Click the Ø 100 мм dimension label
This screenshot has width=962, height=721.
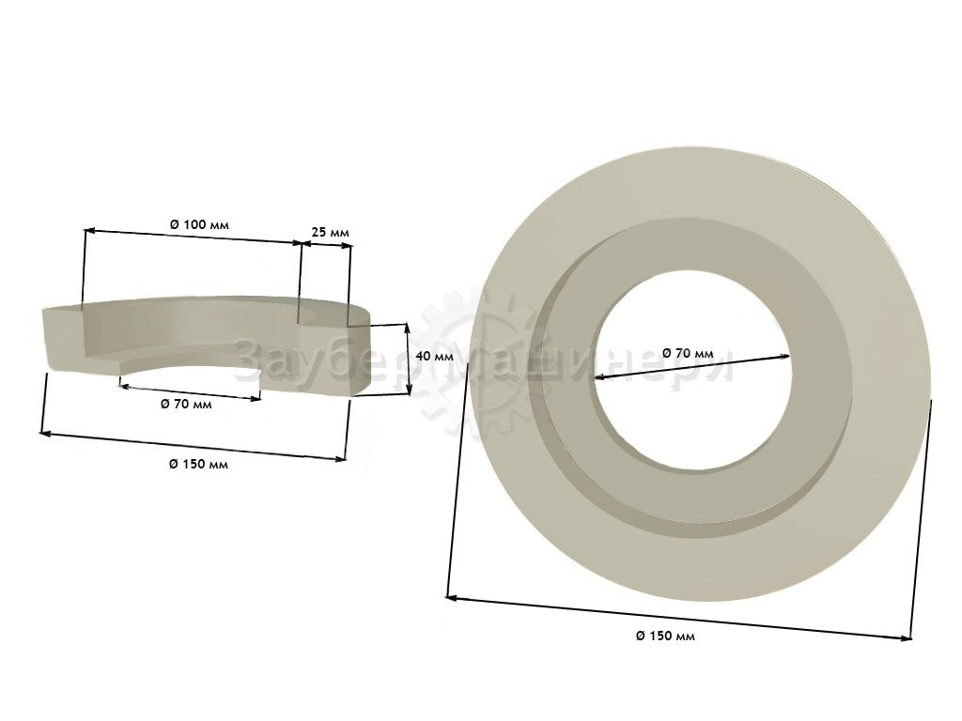pyautogui.click(x=199, y=224)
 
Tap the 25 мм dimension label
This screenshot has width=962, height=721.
pyautogui.click(x=330, y=233)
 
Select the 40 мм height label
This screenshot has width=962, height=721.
pyautogui.click(x=434, y=356)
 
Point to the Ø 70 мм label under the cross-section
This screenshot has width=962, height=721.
pyautogui.click(x=186, y=404)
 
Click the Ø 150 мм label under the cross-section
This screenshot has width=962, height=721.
pyautogui.click(x=198, y=464)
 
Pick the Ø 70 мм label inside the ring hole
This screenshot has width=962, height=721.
pyautogui.click(x=688, y=353)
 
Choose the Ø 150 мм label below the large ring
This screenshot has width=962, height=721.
pyautogui.click(x=665, y=636)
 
